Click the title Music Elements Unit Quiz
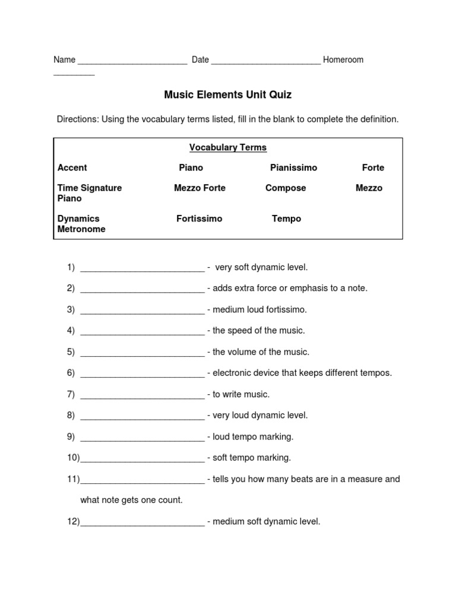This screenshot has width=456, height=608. [x=228, y=94]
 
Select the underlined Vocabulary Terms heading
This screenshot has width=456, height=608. [x=228, y=147]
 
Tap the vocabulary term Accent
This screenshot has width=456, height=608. [x=72, y=167]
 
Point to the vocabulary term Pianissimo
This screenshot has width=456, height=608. [x=293, y=167]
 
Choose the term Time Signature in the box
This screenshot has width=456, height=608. [x=90, y=188]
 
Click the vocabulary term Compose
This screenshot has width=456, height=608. [x=286, y=188]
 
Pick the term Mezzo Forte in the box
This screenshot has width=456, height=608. [x=199, y=188]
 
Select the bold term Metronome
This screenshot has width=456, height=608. [x=81, y=229]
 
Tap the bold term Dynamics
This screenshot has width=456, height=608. [x=78, y=218]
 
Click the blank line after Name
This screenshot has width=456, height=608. [x=132, y=61]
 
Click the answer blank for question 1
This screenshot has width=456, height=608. [x=142, y=268]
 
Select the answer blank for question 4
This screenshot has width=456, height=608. [x=142, y=331]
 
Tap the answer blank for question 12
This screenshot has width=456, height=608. [x=142, y=522]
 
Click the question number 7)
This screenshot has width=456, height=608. [x=71, y=394]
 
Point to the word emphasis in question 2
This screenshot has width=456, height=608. [x=307, y=288]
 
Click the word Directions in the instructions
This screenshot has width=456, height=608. [x=77, y=119]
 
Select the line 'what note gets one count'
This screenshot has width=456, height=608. [x=131, y=500]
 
